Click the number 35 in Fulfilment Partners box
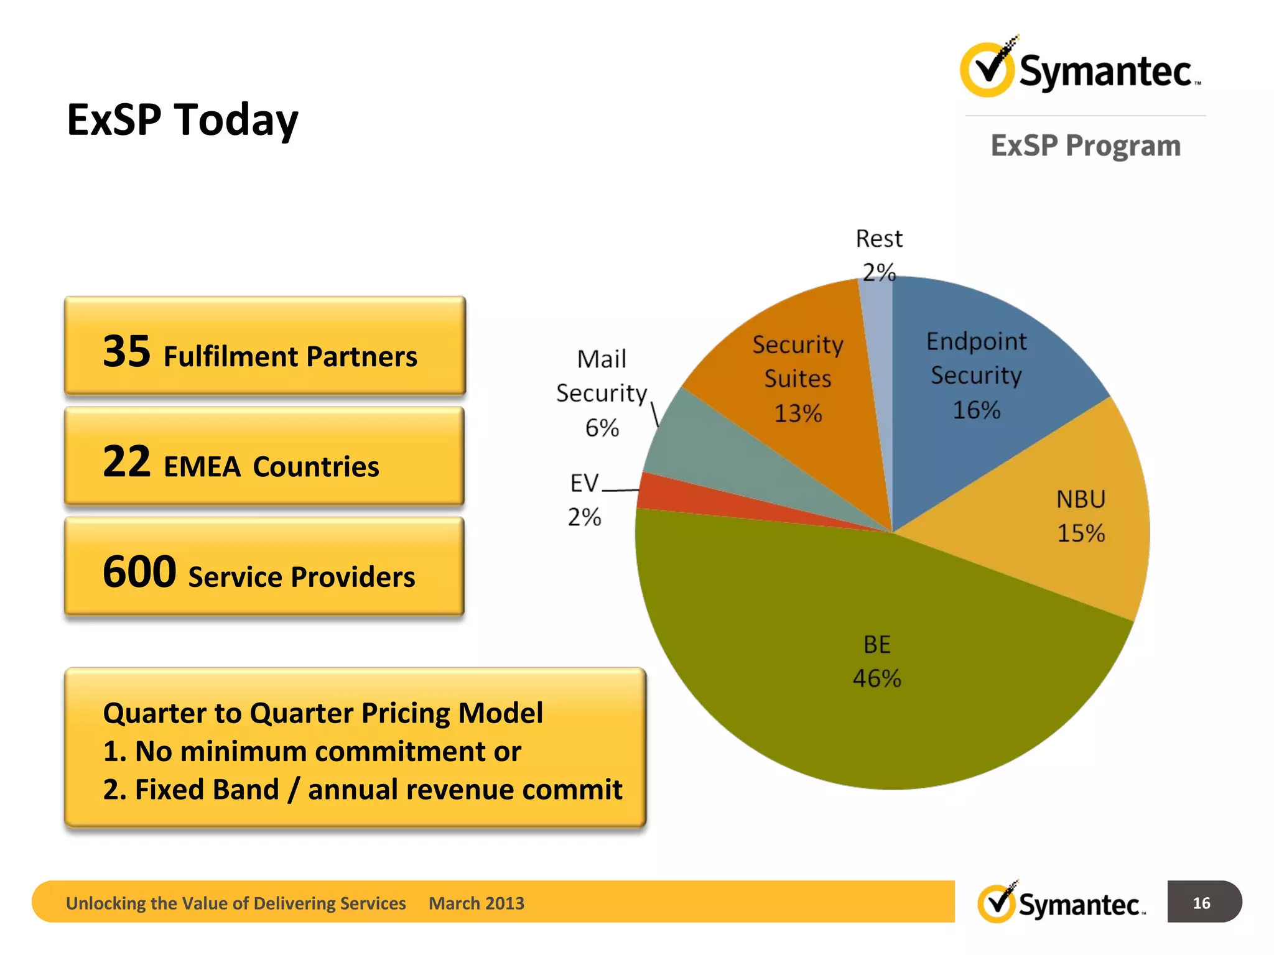point(126,352)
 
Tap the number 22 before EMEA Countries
point(126,462)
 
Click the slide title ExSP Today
point(182,119)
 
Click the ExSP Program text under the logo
point(1085,145)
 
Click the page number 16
point(1201,903)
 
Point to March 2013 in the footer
point(477,903)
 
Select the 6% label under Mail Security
point(602,428)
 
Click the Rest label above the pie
point(878,239)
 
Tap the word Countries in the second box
point(315,466)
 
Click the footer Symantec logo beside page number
point(1061,903)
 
